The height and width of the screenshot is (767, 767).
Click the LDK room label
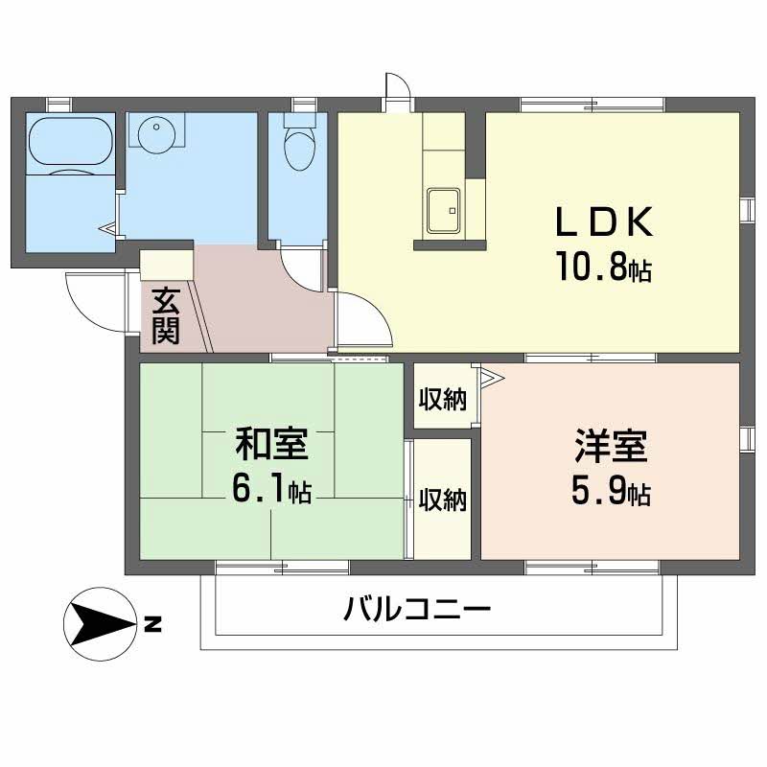(604, 222)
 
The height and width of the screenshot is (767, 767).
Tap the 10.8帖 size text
(604, 267)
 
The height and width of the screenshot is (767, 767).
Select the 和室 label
(271, 444)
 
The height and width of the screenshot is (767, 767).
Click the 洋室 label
(611, 445)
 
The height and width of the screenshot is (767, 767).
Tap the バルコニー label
(417, 609)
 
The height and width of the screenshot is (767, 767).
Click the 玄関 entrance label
(166, 316)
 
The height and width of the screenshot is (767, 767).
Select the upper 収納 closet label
(442, 400)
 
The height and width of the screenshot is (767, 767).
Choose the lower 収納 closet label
(442, 500)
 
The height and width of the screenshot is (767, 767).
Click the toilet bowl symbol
(299, 143)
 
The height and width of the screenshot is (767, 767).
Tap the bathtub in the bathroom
(71, 140)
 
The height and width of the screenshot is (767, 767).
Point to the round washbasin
(156, 133)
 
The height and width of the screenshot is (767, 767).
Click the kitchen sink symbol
(443, 210)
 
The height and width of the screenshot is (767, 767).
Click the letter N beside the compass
(153, 624)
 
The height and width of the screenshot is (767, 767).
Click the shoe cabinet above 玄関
(167, 266)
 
